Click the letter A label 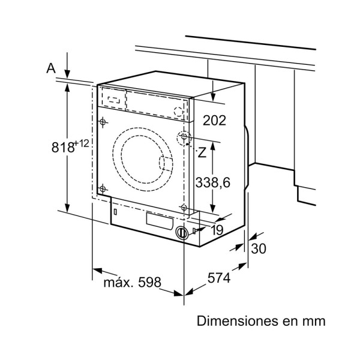51,68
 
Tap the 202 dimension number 214,121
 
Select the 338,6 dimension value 212,183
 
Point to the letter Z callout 202,152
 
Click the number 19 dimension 217,230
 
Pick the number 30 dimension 259,248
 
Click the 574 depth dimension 219,278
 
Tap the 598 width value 149,282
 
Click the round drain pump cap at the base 182,233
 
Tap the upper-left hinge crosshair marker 103,122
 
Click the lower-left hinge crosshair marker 103,189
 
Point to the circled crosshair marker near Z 184,137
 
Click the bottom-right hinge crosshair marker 184,208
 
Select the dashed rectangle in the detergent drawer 114,100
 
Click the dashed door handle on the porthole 166,164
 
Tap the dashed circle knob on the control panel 178,112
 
